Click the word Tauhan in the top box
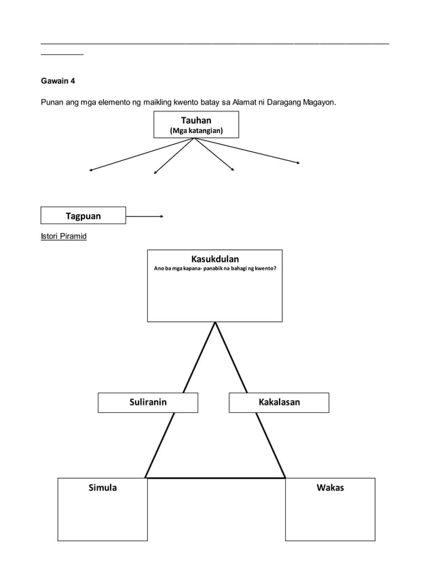(195, 120)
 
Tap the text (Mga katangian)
(195, 130)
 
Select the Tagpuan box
(83, 216)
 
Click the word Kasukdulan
(214, 259)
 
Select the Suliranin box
(148, 402)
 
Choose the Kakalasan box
(279, 402)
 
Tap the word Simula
(102, 488)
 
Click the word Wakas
(330, 488)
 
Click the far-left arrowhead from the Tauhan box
(91, 170)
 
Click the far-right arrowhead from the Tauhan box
(298, 162)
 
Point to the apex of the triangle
(215, 323)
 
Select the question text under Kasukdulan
(214, 268)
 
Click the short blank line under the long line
(62, 53)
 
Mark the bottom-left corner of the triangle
(145, 477)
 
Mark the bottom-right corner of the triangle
(284, 477)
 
